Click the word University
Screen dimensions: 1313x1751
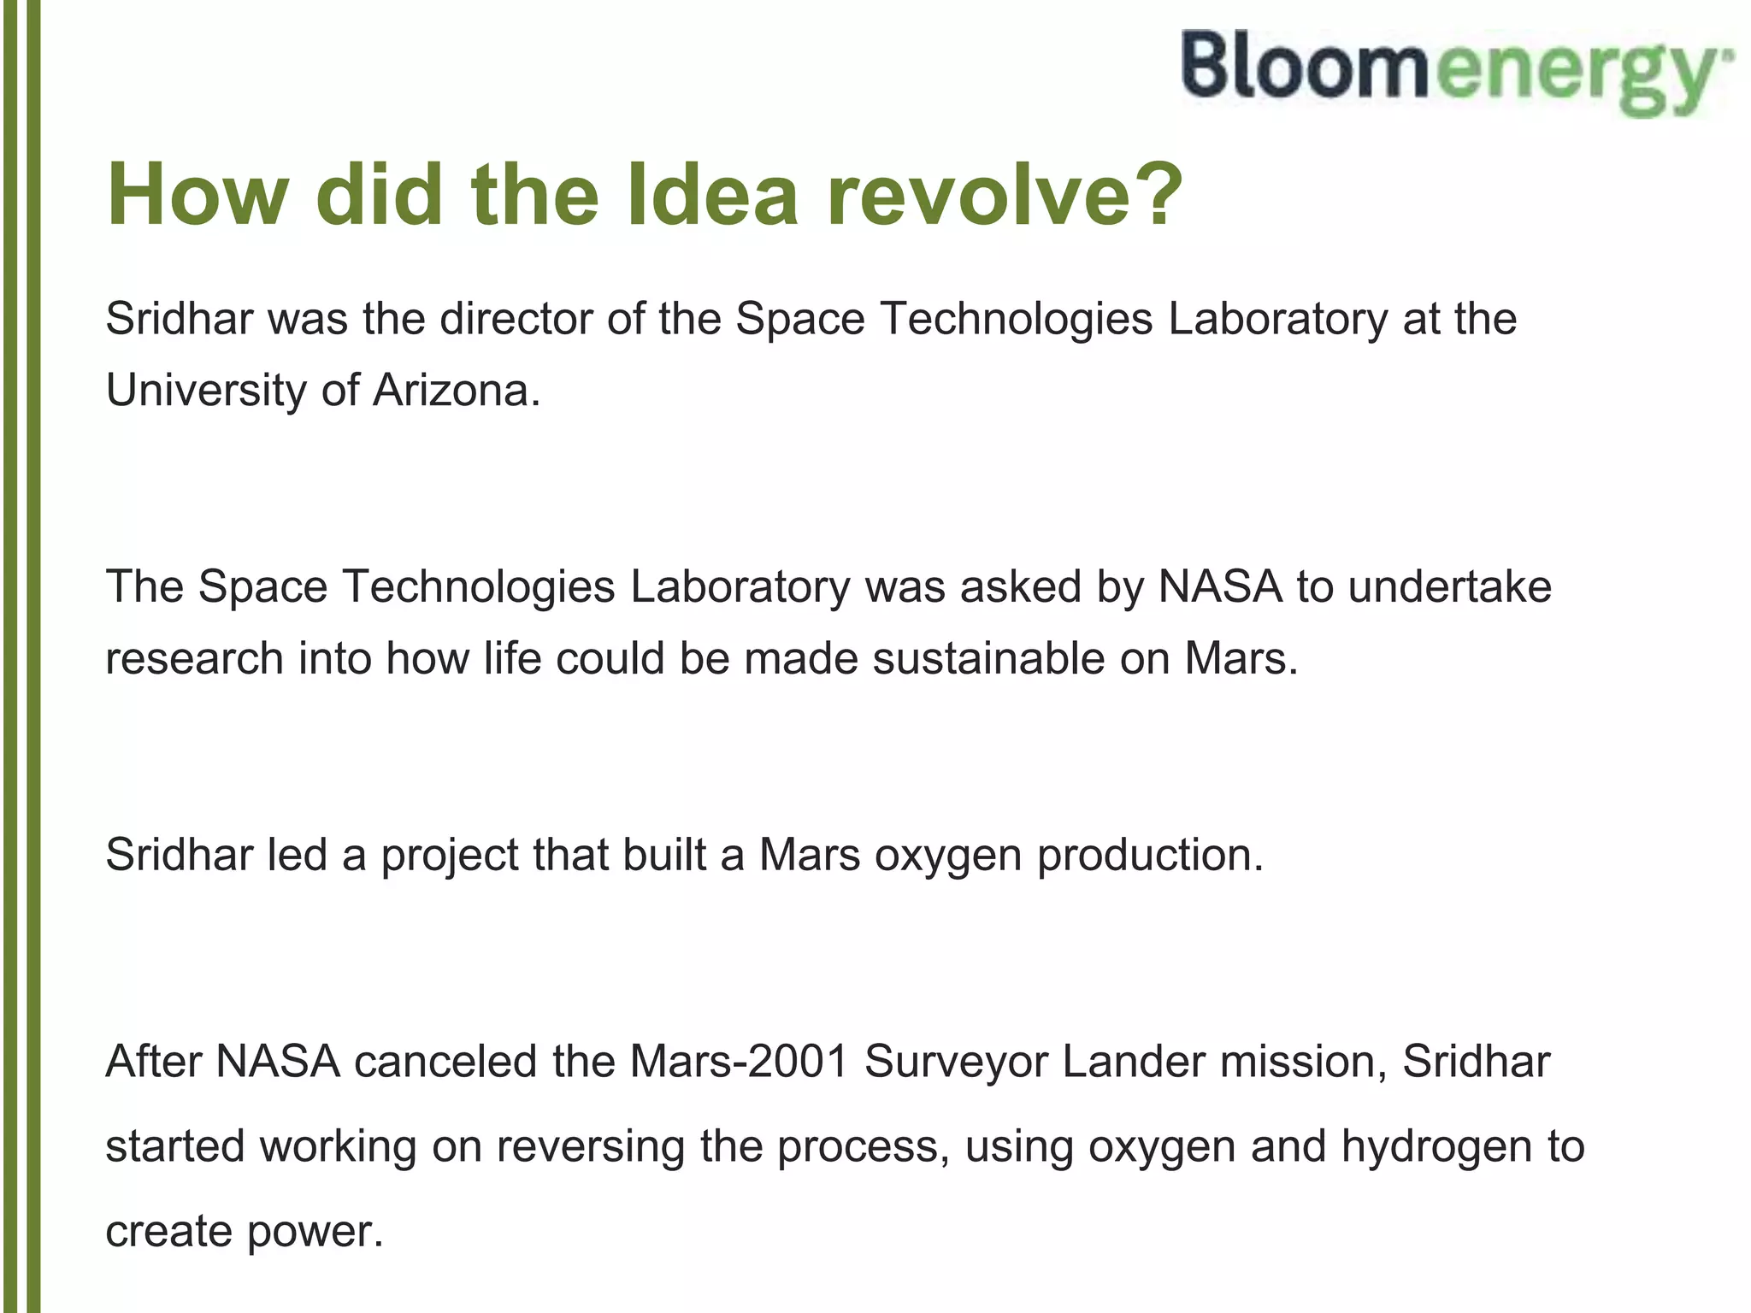click(x=205, y=391)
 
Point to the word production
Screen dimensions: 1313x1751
click(x=1149, y=855)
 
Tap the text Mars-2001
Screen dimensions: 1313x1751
click(x=740, y=1062)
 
